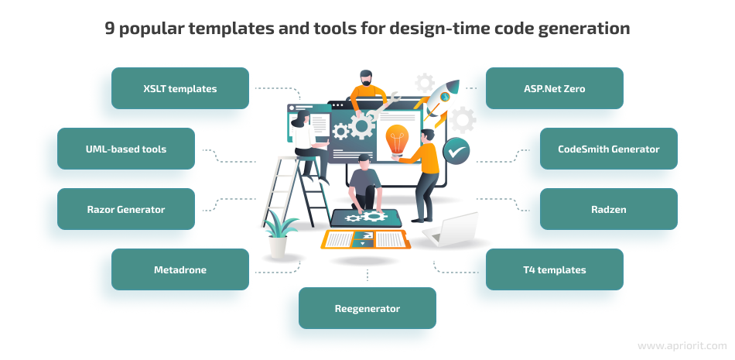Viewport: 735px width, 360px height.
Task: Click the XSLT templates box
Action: click(180, 88)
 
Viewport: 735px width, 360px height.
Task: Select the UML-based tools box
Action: click(126, 149)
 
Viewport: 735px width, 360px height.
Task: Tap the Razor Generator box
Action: click(126, 209)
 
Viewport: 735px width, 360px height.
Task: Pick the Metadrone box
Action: click(180, 269)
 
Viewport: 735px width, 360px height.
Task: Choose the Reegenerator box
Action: click(367, 308)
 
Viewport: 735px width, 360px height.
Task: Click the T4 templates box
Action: click(554, 269)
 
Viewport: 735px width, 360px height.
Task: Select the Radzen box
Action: click(608, 209)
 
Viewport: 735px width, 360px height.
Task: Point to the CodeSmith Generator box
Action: click(608, 149)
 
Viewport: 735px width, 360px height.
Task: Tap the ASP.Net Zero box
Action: click(554, 88)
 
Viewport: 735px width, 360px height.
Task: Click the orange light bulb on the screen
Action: click(396, 139)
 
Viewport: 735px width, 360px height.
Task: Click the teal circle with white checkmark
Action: click(456, 148)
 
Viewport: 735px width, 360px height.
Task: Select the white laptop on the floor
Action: click(452, 230)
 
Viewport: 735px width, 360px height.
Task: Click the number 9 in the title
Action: click(109, 29)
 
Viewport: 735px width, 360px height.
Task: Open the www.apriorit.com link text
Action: click(682, 346)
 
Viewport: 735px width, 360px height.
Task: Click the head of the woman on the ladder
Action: click(301, 118)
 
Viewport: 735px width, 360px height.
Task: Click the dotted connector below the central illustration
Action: click(367, 274)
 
